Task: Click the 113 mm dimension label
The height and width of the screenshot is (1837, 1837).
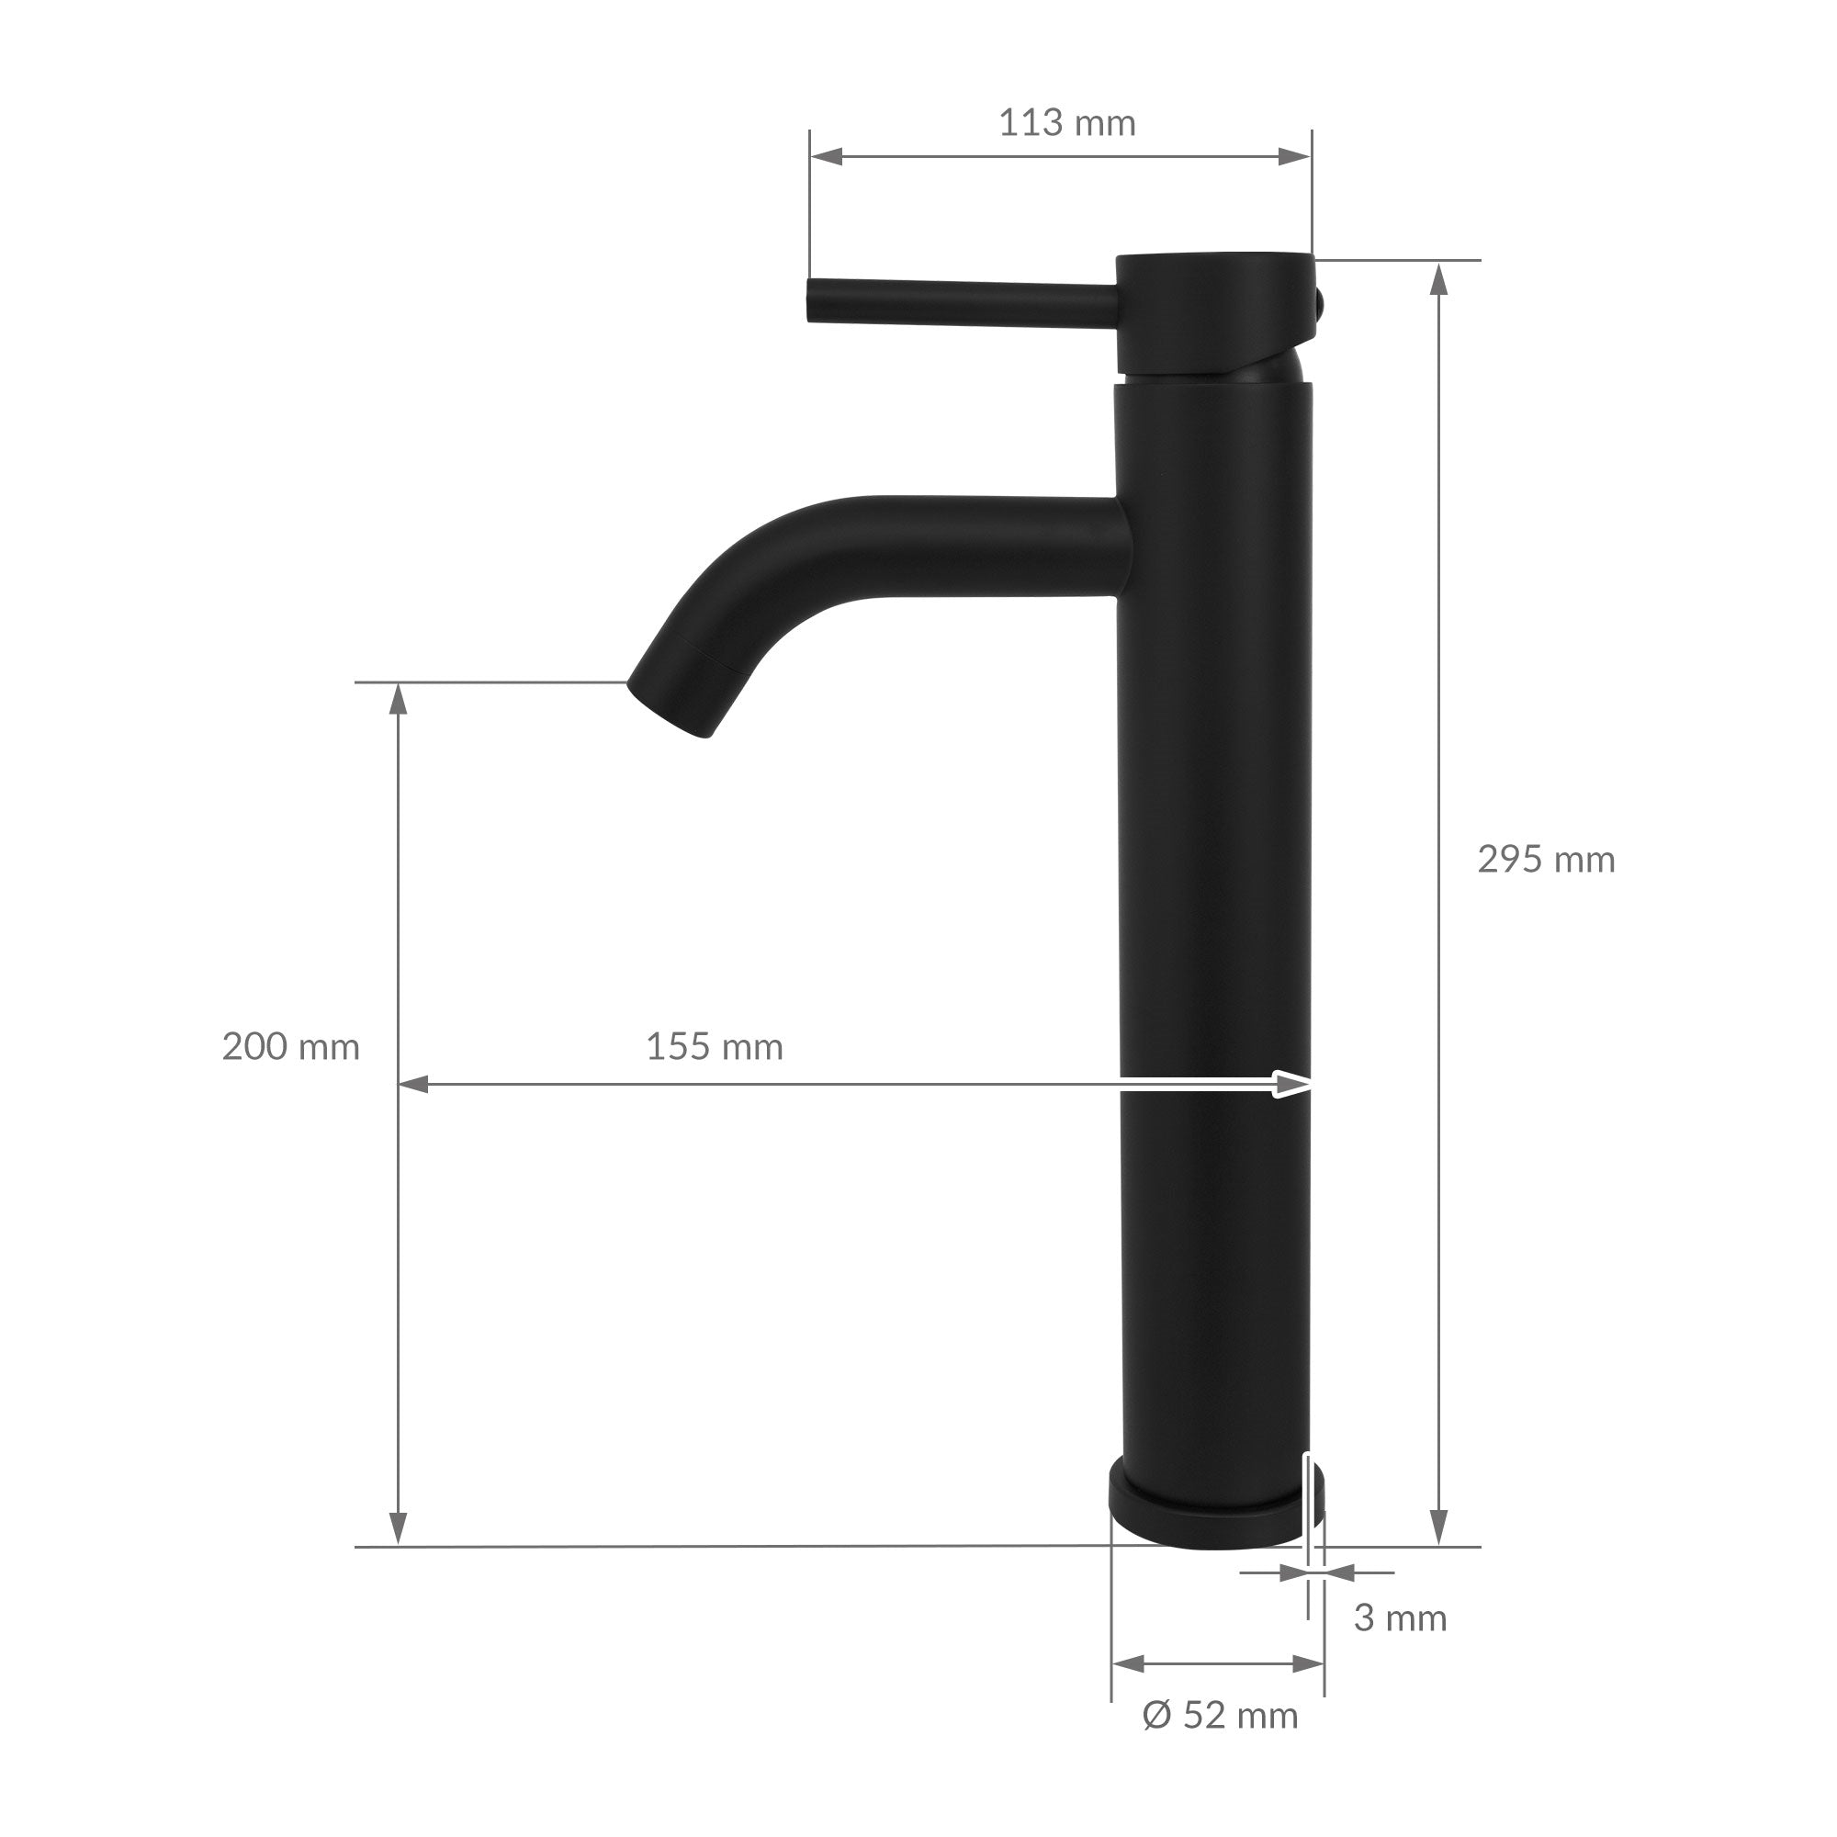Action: tap(1066, 124)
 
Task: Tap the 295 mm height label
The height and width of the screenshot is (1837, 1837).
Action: tap(1546, 861)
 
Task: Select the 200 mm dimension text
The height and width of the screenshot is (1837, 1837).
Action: tap(291, 1048)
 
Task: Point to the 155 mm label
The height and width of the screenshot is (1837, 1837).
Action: tap(715, 1048)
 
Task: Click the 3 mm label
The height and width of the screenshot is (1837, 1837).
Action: tap(1400, 1618)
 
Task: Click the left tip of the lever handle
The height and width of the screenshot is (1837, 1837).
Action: tap(811, 300)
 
